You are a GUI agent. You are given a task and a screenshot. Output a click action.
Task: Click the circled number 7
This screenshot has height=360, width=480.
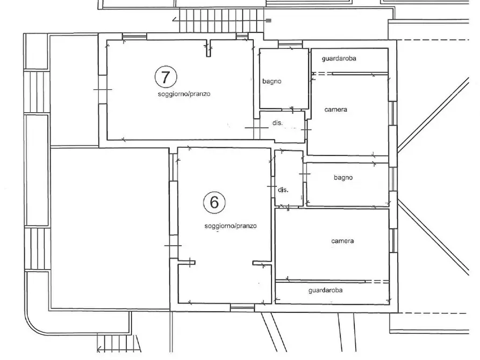point(166,77)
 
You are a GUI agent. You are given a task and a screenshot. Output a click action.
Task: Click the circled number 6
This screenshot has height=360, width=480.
point(214,203)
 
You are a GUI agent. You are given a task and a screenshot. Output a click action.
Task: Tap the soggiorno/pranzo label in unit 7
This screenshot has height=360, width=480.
point(184,94)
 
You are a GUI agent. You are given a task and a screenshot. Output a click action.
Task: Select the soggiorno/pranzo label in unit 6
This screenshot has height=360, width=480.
point(231,226)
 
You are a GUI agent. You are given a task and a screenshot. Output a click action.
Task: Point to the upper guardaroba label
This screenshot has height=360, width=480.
point(339,58)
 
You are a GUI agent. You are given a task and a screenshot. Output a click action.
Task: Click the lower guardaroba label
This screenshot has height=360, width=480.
point(325,290)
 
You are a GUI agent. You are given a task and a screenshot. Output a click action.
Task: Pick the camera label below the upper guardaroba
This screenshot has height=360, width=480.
point(336,109)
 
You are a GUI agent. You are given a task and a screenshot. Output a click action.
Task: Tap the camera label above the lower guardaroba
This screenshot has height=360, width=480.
point(342,241)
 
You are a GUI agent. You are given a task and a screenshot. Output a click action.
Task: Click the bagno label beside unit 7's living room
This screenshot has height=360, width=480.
point(272,82)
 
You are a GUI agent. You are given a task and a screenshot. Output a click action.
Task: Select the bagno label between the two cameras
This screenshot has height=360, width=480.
point(343,177)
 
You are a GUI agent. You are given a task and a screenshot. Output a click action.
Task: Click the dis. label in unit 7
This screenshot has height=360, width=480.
point(277,123)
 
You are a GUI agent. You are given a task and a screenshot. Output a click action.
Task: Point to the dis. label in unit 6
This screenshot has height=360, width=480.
point(283,190)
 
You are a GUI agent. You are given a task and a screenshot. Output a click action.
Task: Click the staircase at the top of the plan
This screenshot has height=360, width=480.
point(221,20)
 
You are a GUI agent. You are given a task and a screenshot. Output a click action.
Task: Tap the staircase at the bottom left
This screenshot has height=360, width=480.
point(119,343)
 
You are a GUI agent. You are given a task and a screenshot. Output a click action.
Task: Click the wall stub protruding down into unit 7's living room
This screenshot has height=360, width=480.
point(209,48)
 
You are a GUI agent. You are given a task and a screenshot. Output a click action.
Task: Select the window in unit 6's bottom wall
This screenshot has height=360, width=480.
point(242,308)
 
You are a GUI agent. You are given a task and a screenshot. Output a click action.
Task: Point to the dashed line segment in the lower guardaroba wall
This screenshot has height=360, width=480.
point(377,282)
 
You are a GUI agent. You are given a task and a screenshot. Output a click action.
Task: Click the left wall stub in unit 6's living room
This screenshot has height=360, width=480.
point(187,262)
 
